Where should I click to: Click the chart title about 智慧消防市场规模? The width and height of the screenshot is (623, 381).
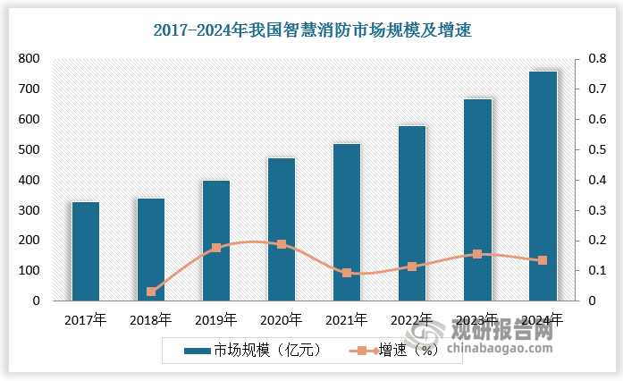(312, 30)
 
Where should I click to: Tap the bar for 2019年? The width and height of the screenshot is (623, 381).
(216, 241)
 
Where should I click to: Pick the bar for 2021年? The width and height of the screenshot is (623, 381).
(347, 223)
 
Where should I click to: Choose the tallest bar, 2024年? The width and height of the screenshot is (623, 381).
(543, 186)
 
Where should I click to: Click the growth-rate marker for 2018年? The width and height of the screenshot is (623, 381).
(151, 292)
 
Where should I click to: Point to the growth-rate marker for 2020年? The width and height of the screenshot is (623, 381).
(282, 244)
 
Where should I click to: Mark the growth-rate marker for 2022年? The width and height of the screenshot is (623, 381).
(412, 267)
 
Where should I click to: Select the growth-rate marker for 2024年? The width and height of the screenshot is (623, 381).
(543, 260)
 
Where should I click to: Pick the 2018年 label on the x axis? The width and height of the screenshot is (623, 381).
(151, 318)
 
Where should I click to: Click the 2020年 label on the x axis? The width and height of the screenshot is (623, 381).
(282, 318)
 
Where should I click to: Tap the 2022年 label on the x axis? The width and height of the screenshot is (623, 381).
(412, 318)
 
